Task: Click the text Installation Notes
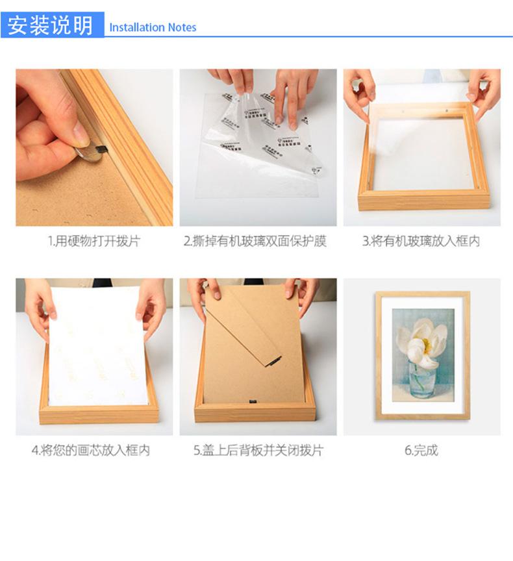[153, 27]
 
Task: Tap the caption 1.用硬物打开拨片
[94, 242]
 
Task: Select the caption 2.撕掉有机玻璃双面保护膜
[255, 242]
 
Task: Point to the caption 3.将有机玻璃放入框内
[421, 242]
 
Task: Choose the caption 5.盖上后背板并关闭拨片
[258, 450]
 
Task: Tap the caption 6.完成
[421, 450]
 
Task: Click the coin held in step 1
[87, 153]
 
